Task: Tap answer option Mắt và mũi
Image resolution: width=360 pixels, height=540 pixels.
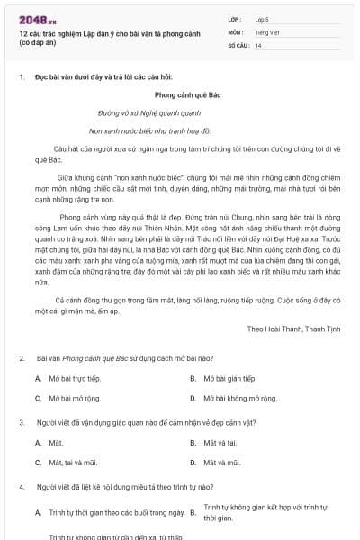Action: (x=222, y=463)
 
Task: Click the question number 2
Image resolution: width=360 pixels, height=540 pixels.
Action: (x=22, y=358)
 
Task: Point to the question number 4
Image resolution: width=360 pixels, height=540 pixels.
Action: (x=22, y=487)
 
